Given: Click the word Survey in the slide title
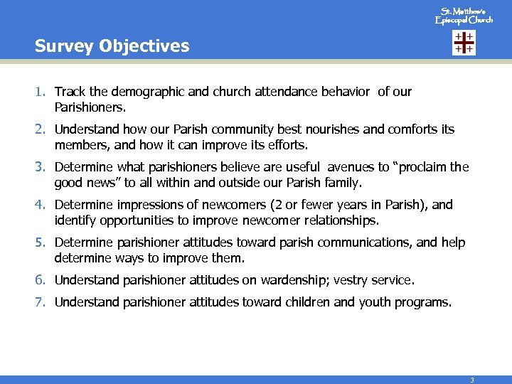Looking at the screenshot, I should (61, 46).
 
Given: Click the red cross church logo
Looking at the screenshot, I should (464, 43).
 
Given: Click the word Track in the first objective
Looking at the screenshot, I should (70, 92).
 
